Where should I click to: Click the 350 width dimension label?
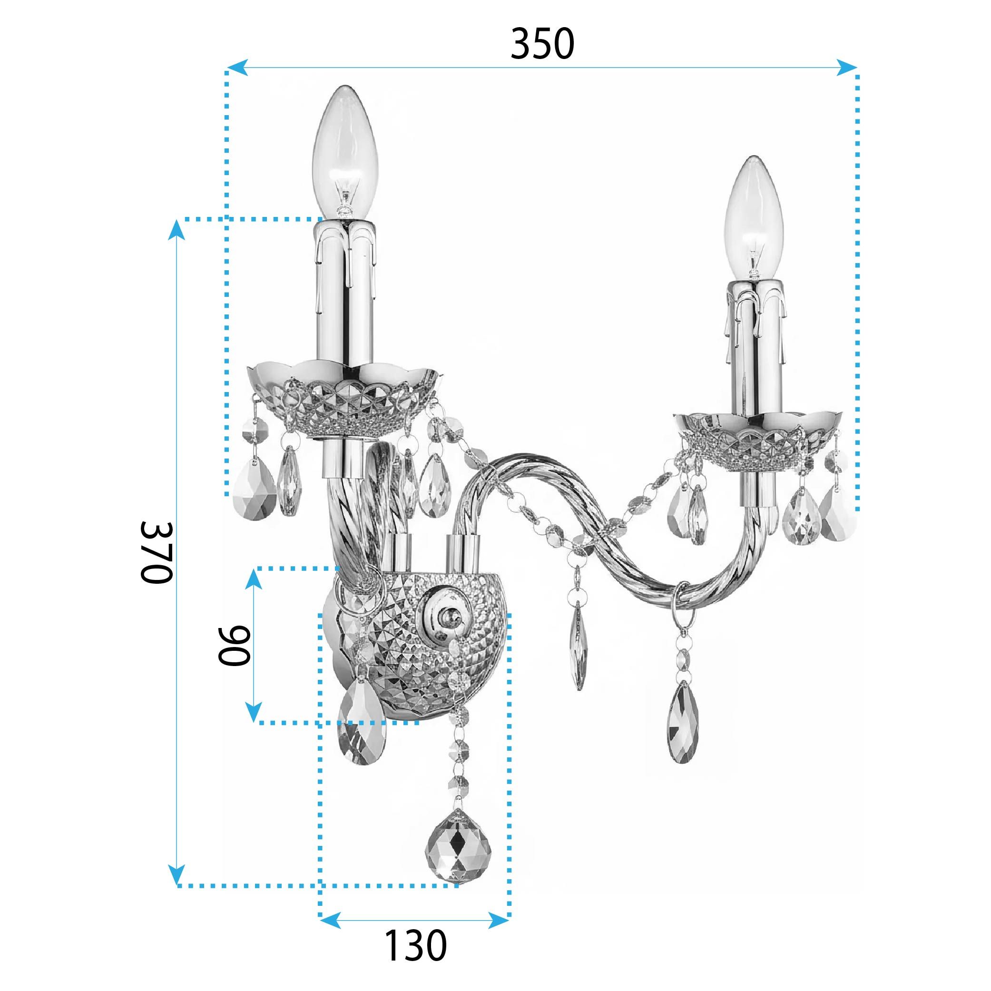(x=542, y=45)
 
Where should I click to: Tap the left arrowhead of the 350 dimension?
(x=237, y=67)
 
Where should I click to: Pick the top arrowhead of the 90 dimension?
(x=253, y=580)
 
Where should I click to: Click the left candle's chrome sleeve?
(x=345, y=293)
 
